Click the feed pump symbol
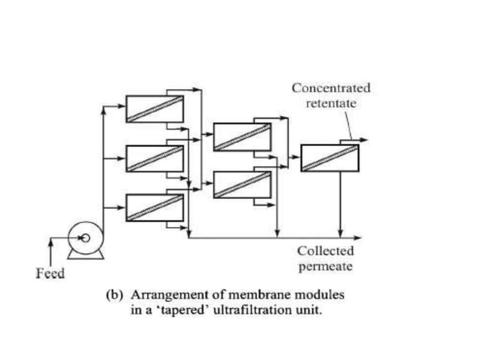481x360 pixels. (84, 239)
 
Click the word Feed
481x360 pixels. (51, 273)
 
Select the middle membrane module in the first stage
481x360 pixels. (155, 158)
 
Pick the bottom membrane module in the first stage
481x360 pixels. (155, 207)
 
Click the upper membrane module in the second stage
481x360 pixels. (241, 136)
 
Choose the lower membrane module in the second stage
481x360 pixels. (241, 185)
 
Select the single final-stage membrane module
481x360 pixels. (329, 157)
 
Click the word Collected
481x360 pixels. (325, 251)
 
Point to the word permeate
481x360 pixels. (325, 266)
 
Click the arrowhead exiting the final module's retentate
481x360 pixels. (364, 140)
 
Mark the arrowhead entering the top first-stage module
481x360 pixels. (121, 105)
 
